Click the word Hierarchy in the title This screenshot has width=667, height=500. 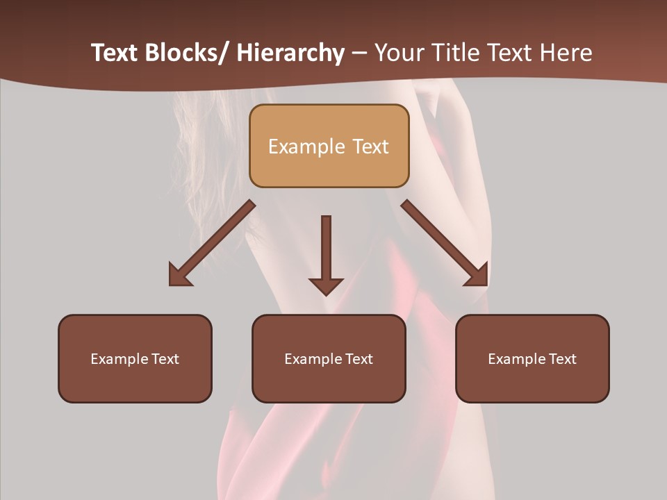pos(290,53)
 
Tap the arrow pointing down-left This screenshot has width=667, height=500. pos(212,243)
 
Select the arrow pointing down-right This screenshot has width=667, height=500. pos(445,243)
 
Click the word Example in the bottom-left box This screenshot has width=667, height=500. pos(119,359)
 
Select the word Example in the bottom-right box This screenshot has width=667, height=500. pos(516,359)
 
